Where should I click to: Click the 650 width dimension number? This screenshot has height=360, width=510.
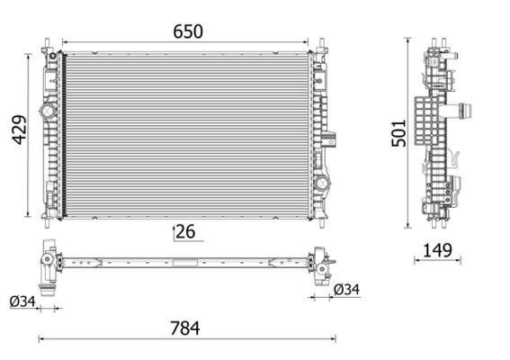pos(187,31)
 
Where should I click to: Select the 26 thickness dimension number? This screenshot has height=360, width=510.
pos(185,231)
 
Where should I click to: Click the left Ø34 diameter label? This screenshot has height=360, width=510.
pos(23,301)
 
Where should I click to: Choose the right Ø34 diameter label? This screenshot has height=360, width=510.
pos(346,289)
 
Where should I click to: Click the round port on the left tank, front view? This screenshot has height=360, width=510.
pos(47,112)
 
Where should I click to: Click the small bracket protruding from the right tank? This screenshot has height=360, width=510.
pos(331,140)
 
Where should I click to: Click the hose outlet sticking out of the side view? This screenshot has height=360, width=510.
pos(465,112)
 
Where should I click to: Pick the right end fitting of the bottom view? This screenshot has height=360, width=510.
pos(319,268)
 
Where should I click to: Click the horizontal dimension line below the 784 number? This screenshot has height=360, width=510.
pos(187,339)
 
